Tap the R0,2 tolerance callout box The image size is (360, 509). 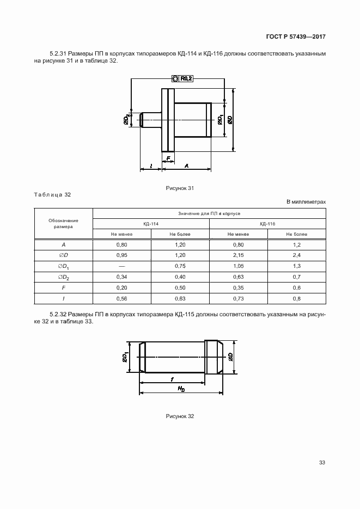(183, 78)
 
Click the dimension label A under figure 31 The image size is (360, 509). (187, 165)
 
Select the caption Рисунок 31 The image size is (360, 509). (180, 188)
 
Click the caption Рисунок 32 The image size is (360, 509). (180, 416)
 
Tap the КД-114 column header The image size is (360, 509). (151, 224)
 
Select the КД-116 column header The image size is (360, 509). (267, 224)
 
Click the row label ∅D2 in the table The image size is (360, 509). (64, 277)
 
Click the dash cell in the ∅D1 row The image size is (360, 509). (121, 266)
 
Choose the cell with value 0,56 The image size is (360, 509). (121, 298)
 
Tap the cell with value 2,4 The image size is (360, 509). (296, 256)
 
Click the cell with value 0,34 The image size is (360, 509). (121, 277)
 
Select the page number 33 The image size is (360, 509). (322, 463)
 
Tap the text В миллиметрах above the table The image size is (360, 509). (306, 202)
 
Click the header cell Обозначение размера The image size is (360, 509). (64, 224)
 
